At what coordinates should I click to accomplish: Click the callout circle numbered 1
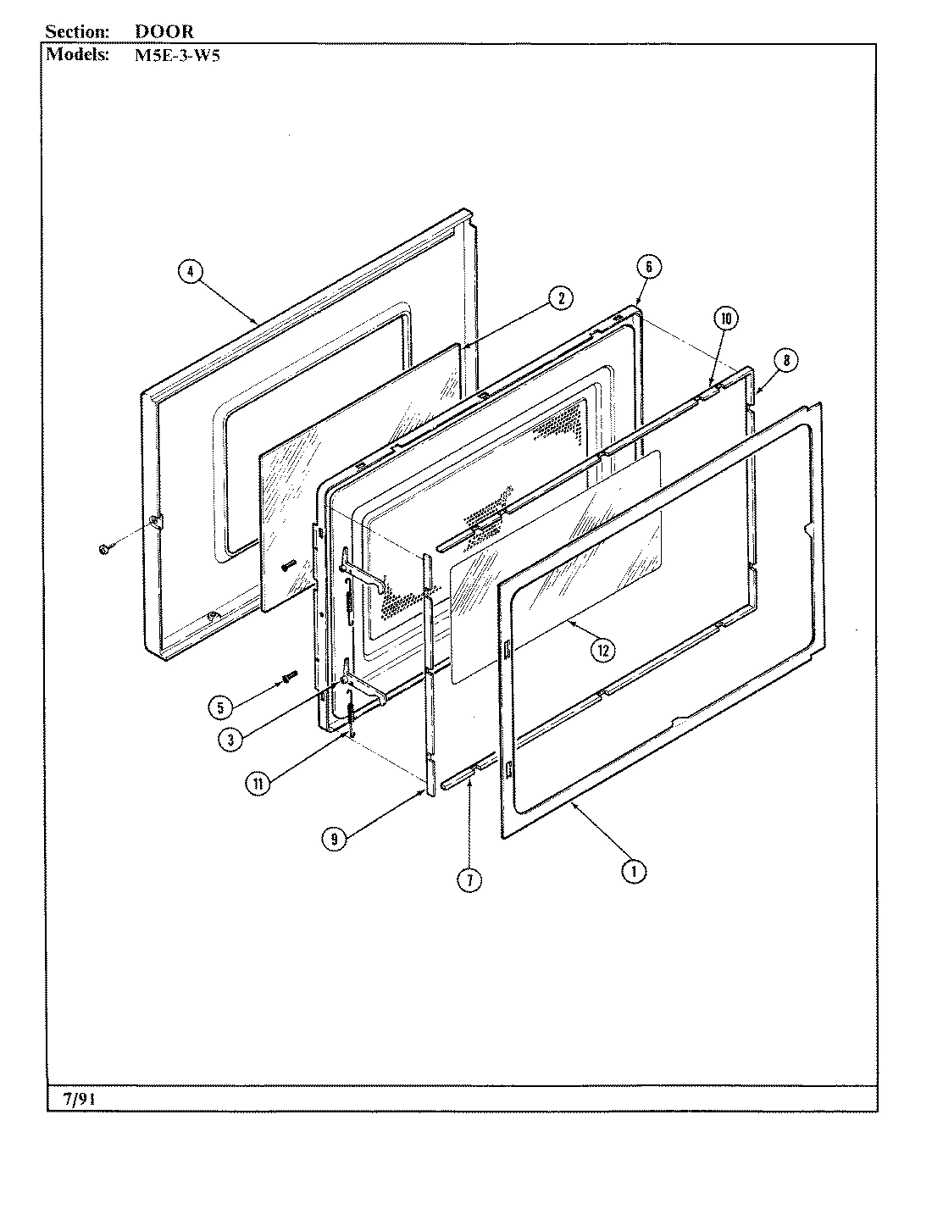(x=633, y=870)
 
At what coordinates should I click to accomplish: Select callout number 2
(x=559, y=298)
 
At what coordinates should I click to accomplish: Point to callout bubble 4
(x=191, y=271)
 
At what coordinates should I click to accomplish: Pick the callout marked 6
(x=648, y=266)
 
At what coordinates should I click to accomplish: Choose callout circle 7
(x=469, y=880)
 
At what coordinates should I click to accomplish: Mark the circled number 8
(x=785, y=360)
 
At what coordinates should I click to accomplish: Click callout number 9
(x=335, y=839)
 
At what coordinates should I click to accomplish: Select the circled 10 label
(x=725, y=319)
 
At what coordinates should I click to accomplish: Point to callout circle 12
(x=602, y=650)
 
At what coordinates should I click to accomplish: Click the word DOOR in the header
(x=164, y=31)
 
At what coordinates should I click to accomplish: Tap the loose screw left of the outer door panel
(x=103, y=551)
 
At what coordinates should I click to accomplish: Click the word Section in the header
(x=77, y=31)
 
